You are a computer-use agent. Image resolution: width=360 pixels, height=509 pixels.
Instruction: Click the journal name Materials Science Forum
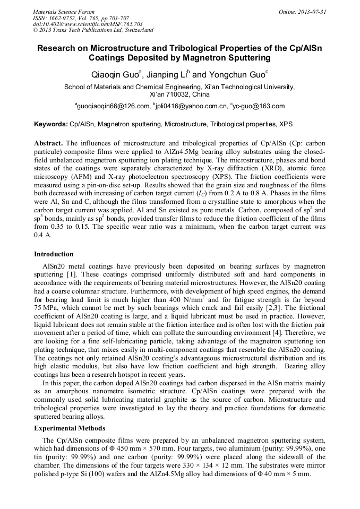point(64,12)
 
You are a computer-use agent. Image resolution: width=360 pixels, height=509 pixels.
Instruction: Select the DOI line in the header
point(88,24)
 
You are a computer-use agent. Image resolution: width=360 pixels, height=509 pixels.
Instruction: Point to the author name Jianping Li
point(169,73)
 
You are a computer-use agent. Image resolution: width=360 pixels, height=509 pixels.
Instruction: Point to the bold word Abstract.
point(49,143)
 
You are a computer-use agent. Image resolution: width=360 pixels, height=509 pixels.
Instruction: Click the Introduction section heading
point(54,254)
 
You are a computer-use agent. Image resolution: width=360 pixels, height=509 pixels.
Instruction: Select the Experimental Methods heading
point(70,428)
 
